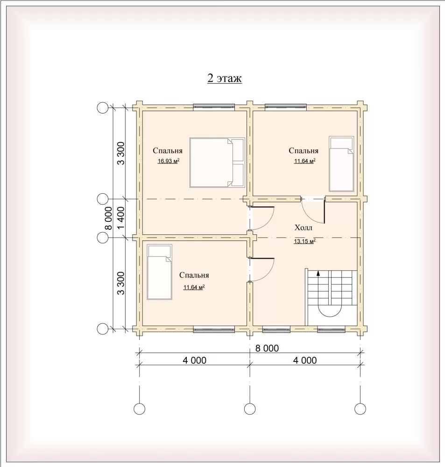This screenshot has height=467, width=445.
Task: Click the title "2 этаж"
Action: point(225,78)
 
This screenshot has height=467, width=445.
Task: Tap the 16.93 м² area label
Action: point(168,162)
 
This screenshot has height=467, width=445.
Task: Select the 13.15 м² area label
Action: point(305,241)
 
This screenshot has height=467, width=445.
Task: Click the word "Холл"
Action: point(303,228)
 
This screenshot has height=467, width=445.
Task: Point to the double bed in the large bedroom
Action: point(217,163)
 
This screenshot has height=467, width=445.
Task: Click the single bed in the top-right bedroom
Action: point(341,164)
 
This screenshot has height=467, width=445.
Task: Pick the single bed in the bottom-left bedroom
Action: point(159,272)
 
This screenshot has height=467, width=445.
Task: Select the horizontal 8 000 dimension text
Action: point(267,348)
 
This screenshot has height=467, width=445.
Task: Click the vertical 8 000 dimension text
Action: point(108,218)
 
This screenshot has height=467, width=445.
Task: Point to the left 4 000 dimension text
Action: point(195,361)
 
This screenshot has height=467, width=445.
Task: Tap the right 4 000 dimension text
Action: point(305,361)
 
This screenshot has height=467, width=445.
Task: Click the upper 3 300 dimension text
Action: point(121,153)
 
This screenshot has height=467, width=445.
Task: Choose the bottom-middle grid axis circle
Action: point(250,409)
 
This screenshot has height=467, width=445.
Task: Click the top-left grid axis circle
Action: point(103,108)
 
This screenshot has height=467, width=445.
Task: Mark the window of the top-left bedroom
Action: point(214,107)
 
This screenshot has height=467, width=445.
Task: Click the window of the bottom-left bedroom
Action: point(214,329)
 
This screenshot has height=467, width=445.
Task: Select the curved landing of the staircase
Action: point(330,311)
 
